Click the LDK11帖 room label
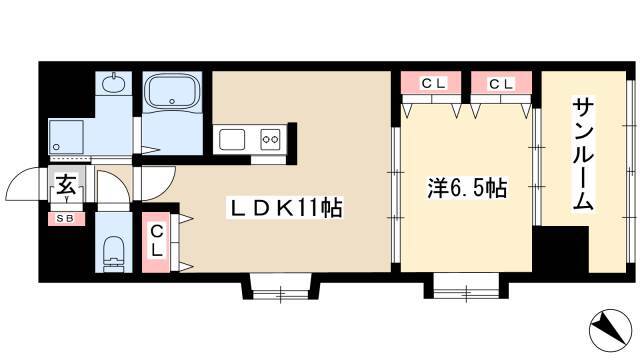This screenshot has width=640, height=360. [x=284, y=208]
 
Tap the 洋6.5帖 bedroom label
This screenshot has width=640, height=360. [x=467, y=189]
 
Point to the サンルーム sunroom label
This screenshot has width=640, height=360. [x=583, y=153]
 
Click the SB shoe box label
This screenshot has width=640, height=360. [x=65, y=219]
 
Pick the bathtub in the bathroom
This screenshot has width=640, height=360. [x=172, y=92]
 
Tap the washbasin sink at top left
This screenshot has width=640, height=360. [x=114, y=84]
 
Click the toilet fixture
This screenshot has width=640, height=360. [x=113, y=253]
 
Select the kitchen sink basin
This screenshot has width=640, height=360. [x=232, y=140]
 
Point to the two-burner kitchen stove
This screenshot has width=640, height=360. [x=271, y=140]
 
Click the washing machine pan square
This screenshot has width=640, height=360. [x=66, y=137]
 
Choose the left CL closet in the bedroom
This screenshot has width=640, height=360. [x=431, y=83]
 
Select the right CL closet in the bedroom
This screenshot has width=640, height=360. [x=501, y=83]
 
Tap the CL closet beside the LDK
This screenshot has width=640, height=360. [x=156, y=242]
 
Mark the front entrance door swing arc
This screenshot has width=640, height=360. [x=20, y=179]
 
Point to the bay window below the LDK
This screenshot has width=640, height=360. [x=281, y=289]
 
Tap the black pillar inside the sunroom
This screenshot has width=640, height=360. [x=561, y=249]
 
